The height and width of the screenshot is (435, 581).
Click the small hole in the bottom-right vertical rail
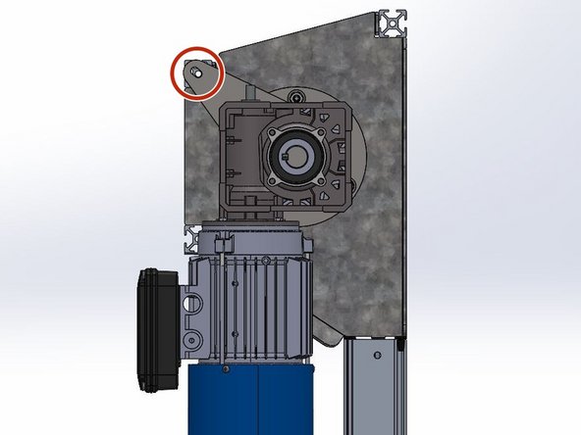[401, 346]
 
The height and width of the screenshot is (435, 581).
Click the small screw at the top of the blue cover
[226, 368]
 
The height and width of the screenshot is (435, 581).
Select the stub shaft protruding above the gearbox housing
[254, 92]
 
